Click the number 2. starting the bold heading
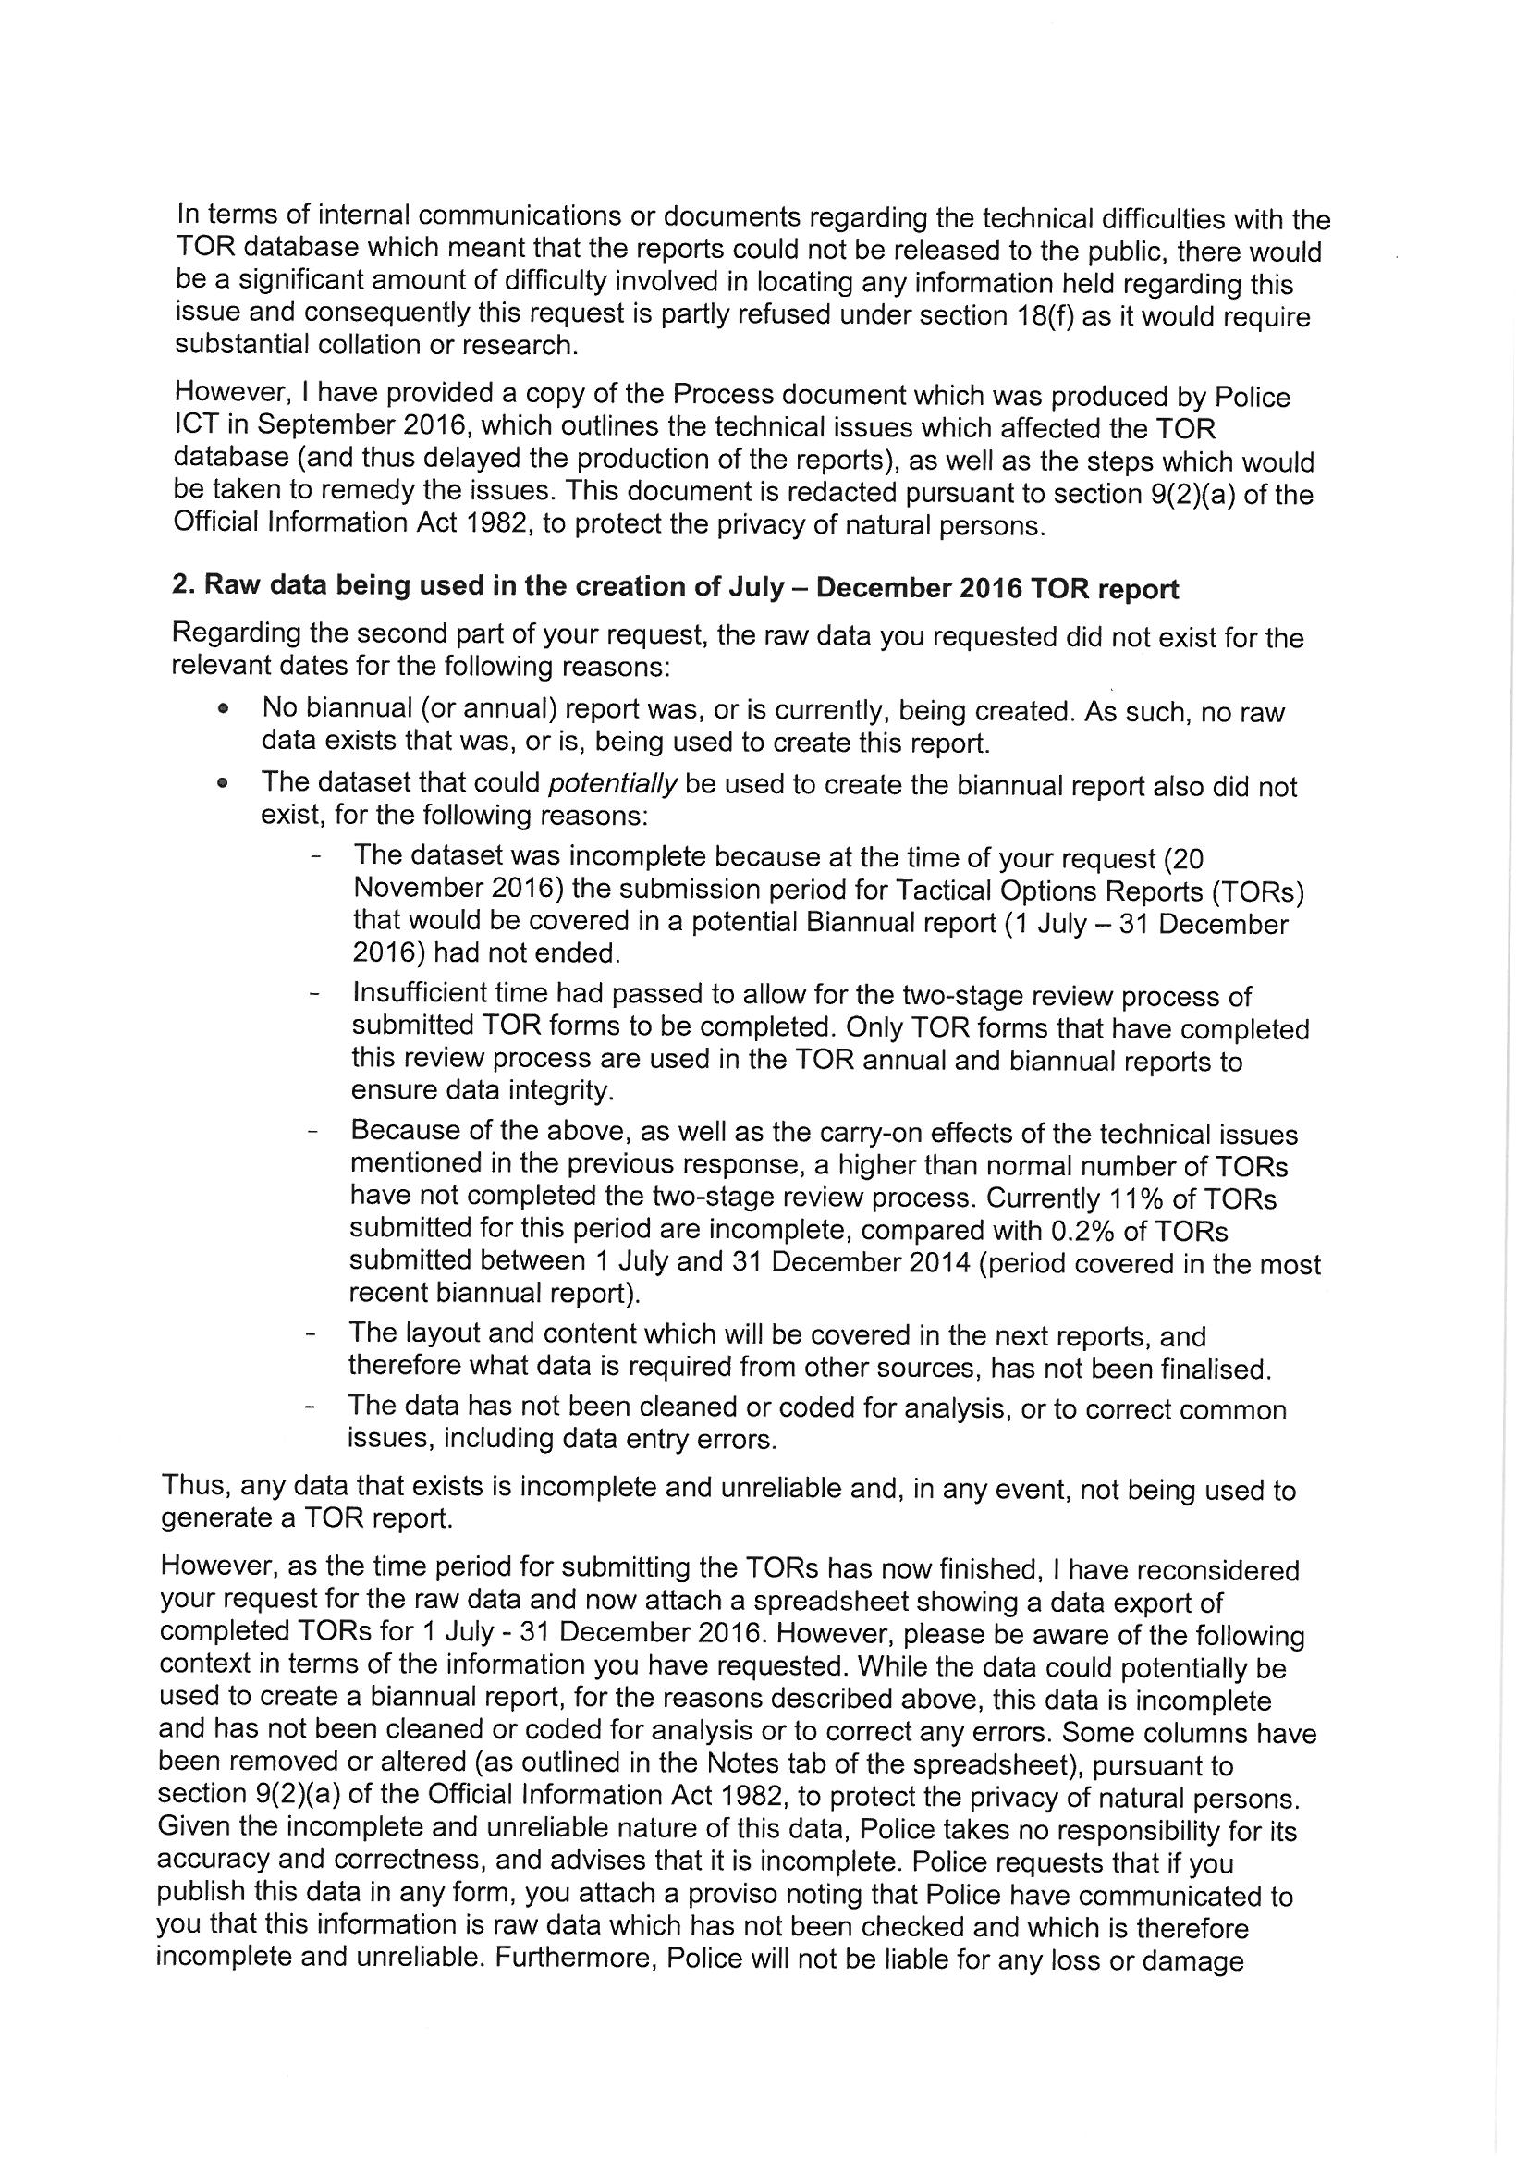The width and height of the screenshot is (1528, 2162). pyautogui.click(x=183, y=585)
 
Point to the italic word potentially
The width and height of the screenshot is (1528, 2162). pyautogui.click(x=613, y=784)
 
